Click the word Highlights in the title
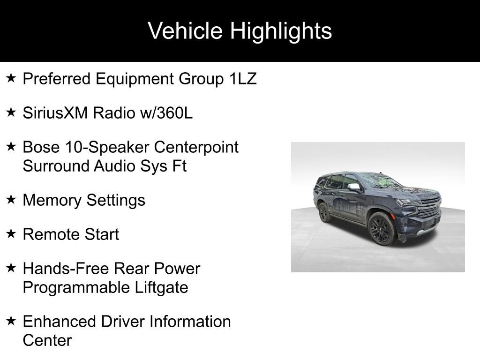(281, 31)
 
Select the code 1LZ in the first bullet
(243, 79)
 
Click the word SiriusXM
(55, 112)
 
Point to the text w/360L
(166, 112)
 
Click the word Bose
(41, 147)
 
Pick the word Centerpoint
(196, 147)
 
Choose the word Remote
(52, 234)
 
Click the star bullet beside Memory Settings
(11, 200)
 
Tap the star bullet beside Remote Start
(11, 233)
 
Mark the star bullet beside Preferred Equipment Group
(11, 78)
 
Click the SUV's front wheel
(382, 229)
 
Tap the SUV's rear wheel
(323, 212)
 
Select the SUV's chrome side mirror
(354, 187)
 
